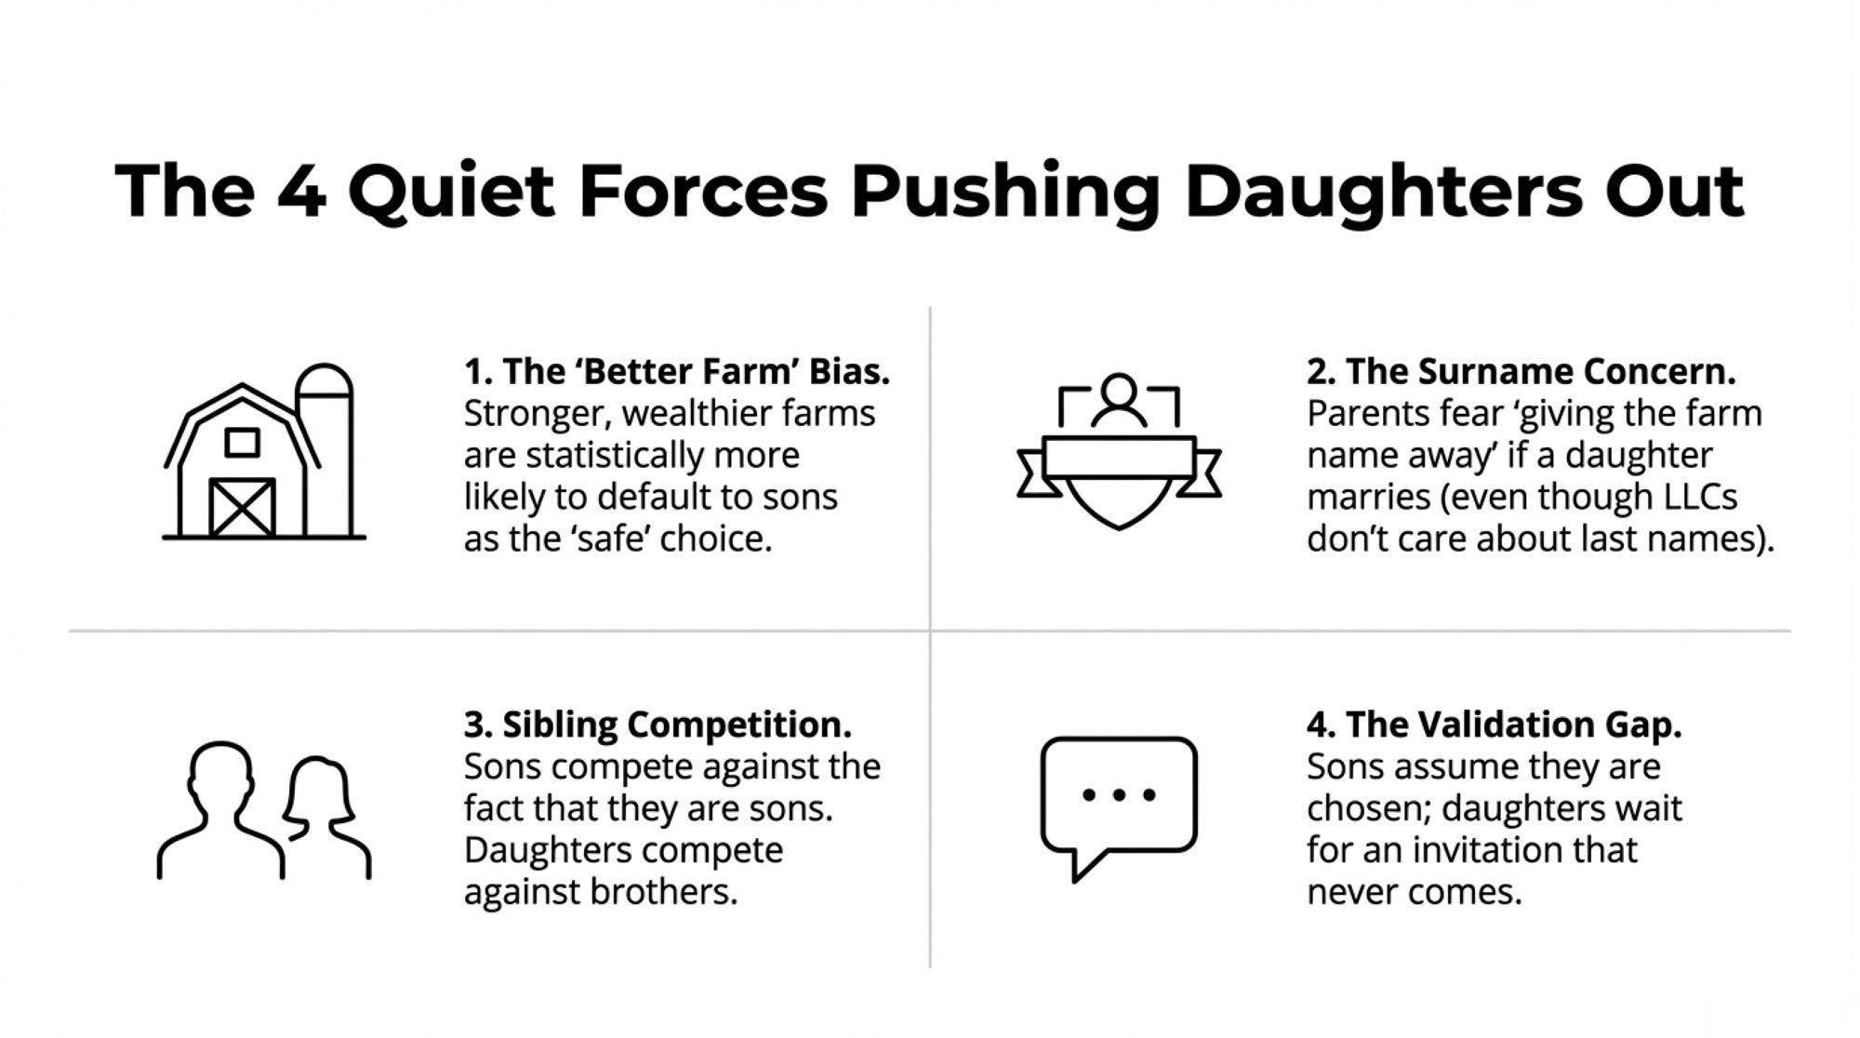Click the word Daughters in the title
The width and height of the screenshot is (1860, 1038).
[x=1383, y=193]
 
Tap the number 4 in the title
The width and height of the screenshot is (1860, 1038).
[x=301, y=193]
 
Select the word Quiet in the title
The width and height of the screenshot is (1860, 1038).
[x=451, y=193]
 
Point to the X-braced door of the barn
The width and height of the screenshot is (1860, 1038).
[x=242, y=508]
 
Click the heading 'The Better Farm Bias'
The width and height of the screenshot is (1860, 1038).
[x=677, y=371]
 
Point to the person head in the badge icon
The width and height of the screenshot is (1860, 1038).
[x=1119, y=390]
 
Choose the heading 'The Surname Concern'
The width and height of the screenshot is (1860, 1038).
[x=1521, y=371]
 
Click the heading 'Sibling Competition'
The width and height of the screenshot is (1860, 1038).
[x=658, y=725]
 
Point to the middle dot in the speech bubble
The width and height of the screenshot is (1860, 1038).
[x=1119, y=794]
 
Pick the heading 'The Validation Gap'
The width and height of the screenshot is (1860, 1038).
[x=1495, y=725]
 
